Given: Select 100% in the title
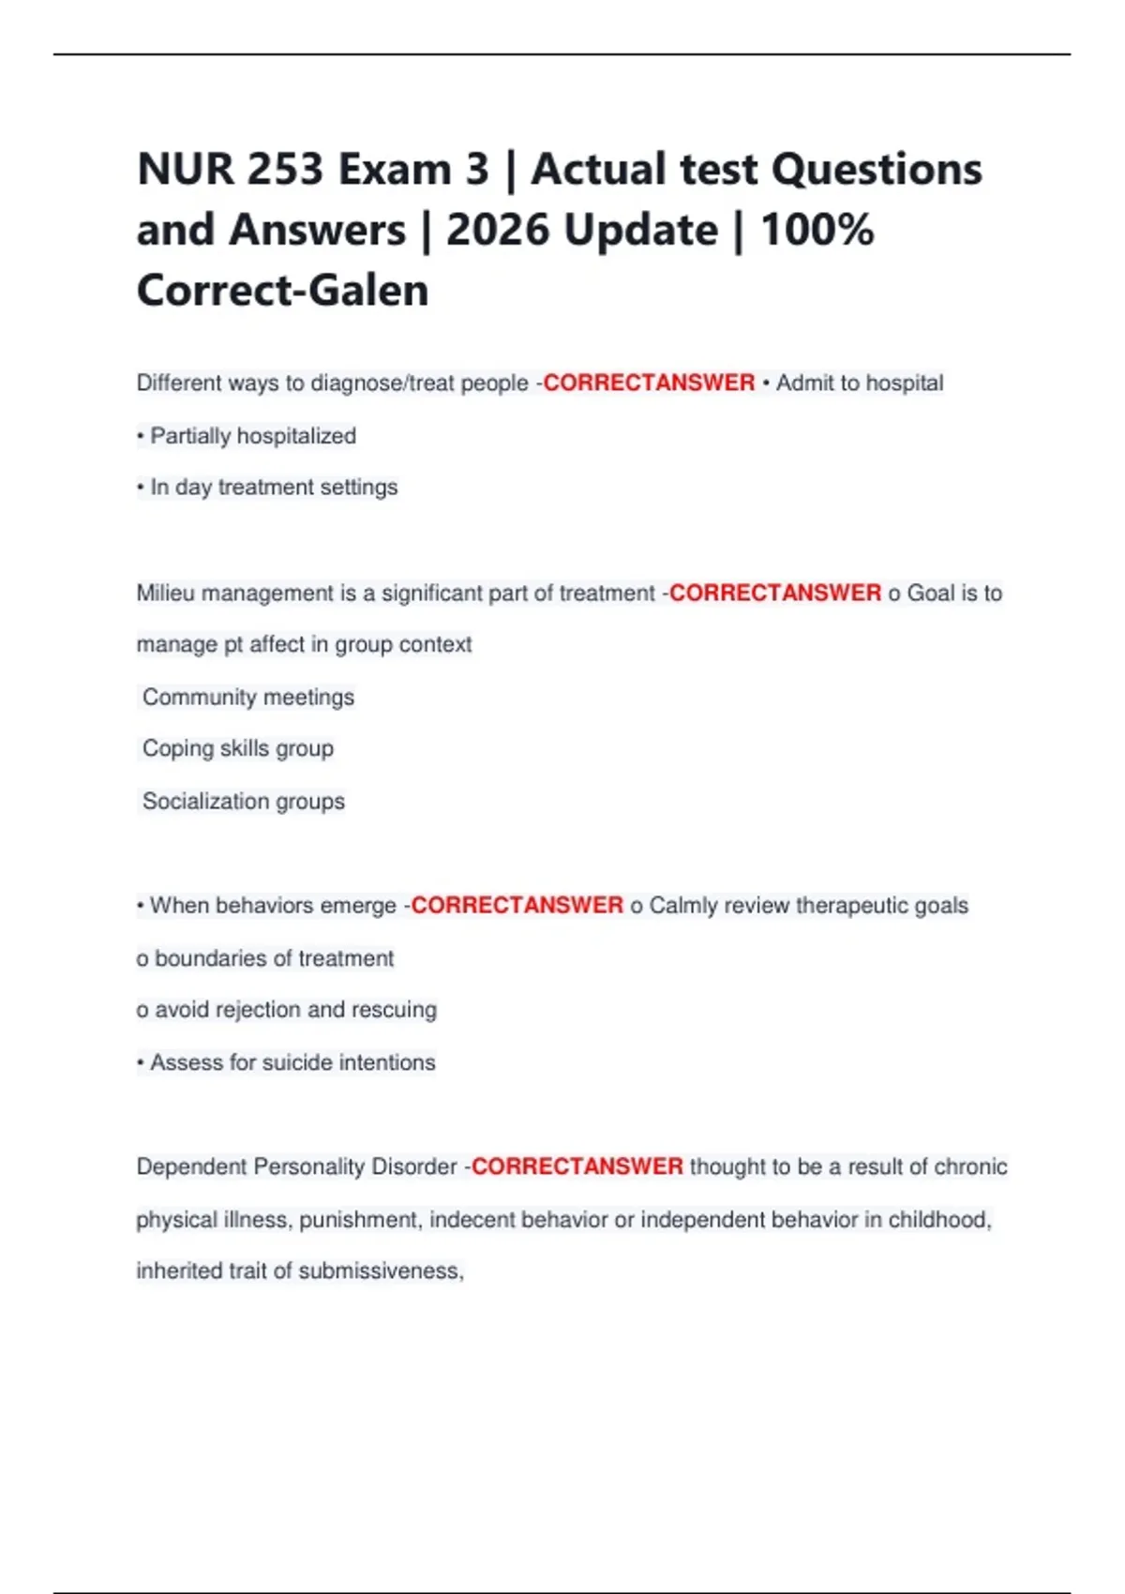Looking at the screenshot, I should [817, 231].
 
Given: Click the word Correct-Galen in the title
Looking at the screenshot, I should [282, 291].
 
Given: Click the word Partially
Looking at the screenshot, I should [191, 436].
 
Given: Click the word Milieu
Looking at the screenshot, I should [166, 594].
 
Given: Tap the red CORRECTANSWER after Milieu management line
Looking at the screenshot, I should [774, 594].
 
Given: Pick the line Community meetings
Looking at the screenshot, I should [248, 698].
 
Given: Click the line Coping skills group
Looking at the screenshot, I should [238, 748].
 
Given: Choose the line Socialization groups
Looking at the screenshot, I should [244, 802].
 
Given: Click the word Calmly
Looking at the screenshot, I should [682, 906].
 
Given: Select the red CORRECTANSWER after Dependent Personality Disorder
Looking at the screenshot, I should [577, 1167].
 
